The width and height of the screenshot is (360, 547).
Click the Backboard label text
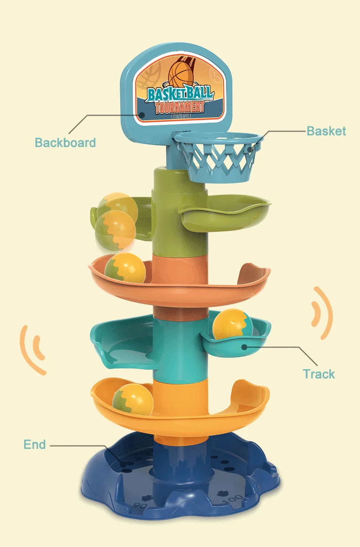[x=65, y=142]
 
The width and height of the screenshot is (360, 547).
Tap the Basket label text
[x=326, y=131]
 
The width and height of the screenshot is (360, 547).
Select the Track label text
[x=319, y=374]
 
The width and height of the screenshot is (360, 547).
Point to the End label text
[x=35, y=444]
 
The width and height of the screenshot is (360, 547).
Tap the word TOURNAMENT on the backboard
[x=179, y=107]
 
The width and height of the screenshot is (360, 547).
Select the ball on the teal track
[x=232, y=324]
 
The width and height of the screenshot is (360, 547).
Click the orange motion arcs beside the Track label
[x=323, y=314]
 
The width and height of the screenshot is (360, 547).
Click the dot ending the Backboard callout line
[x=142, y=115]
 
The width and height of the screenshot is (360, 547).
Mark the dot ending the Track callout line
[x=245, y=347]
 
